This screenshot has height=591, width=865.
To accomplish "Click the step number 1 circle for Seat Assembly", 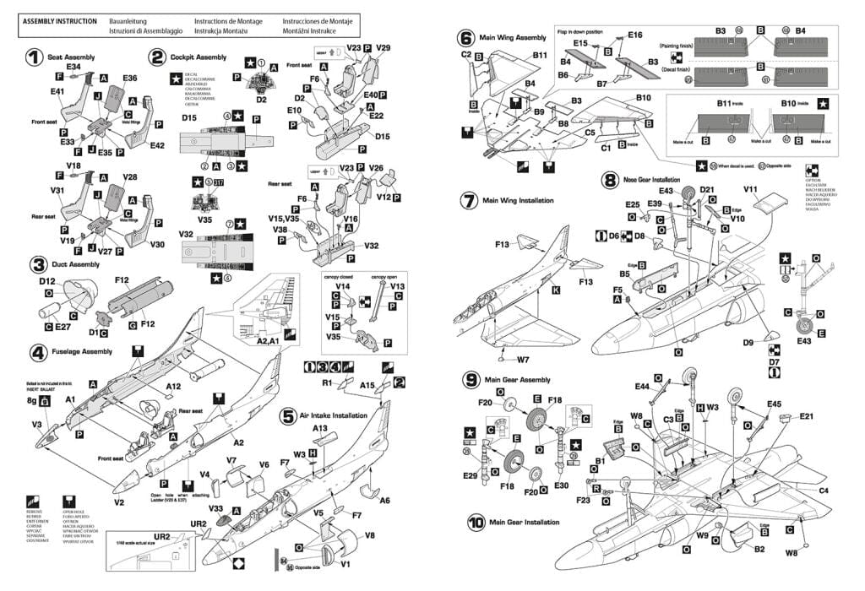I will [x=33, y=57].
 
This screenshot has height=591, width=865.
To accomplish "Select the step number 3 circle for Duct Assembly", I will [x=35, y=264].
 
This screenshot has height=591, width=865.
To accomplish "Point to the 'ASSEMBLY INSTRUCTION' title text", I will [x=58, y=20].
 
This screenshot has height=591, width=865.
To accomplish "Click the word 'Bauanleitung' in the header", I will [x=128, y=20].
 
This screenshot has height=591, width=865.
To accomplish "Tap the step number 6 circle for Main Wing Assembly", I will [x=465, y=38].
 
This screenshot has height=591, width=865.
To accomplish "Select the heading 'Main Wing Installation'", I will [x=518, y=201].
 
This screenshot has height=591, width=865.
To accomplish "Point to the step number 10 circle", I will [x=476, y=523].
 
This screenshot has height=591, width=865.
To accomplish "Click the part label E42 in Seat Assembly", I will [x=158, y=145].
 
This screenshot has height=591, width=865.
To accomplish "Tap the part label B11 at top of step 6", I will [x=541, y=56].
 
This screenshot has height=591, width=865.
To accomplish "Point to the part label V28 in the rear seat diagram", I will [x=130, y=177].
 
